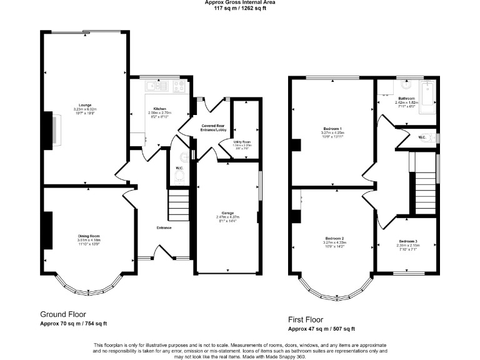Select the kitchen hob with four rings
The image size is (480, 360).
pos(179,87)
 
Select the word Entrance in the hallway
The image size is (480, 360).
pos(164,227)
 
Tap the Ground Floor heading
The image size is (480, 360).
pos(63,314)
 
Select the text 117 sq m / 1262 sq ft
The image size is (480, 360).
pos(240,9)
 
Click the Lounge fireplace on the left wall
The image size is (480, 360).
pos(51,129)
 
